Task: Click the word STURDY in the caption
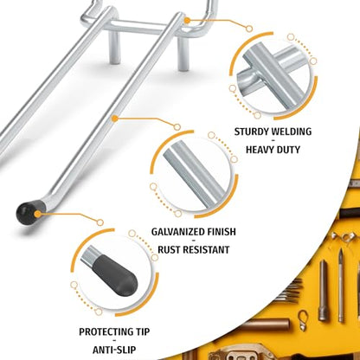pyautogui.click(x=252, y=132)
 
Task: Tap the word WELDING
pyautogui.click(x=292, y=132)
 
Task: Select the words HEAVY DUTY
pyautogui.click(x=273, y=150)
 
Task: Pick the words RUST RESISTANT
pyautogui.click(x=194, y=249)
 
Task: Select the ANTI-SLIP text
pyautogui.click(x=114, y=350)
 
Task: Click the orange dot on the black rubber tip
pyautogui.click(x=37, y=214)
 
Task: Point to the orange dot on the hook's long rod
pyautogui.click(x=115, y=119)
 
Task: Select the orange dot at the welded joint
pyautogui.click(x=187, y=21)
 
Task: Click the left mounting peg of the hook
pyautogui.click(x=114, y=47)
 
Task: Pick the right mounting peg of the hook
pyautogui.click(x=183, y=54)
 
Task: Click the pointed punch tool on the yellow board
pyautogui.click(x=341, y=286)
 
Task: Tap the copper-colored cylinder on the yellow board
pyautogui.click(x=267, y=324)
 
